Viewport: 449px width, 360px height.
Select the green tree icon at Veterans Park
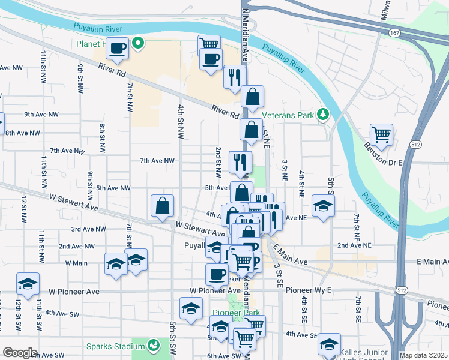(x=323, y=113)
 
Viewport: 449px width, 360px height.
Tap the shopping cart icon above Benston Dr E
(x=381, y=134)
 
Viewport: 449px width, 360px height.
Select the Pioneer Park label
(x=235, y=313)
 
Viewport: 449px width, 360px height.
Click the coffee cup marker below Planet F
(x=118, y=48)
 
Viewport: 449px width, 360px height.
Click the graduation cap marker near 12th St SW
(x=28, y=284)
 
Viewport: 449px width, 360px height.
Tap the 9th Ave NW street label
(x=41, y=114)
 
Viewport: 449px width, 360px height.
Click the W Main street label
(x=76, y=263)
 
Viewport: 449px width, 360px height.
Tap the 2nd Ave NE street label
(x=354, y=245)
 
